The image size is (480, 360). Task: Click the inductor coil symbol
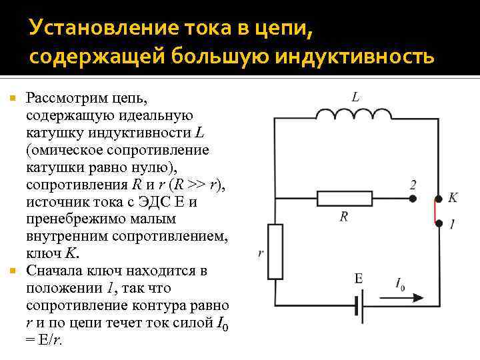pos(353,115)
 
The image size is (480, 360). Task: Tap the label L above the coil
pos(356,97)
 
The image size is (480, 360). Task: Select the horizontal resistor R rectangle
pos(343,199)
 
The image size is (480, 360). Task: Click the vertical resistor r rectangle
pos(275,251)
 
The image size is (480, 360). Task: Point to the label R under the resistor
pos(344,216)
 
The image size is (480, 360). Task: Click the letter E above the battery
pos(359,279)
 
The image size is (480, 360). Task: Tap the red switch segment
pos(439,211)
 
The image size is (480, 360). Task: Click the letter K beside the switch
pos(453,197)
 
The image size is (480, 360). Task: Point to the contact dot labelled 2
pos(413,199)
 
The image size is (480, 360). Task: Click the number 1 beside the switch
pos(453,226)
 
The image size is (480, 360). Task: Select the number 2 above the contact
pos(413,184)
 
